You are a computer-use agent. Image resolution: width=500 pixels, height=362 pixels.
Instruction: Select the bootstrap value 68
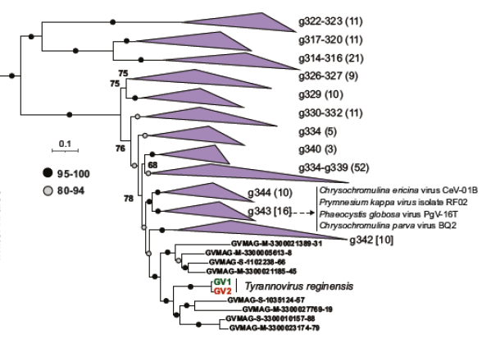tap(152, 166)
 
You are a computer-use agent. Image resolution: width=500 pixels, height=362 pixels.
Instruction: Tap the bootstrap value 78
tap(128, 198)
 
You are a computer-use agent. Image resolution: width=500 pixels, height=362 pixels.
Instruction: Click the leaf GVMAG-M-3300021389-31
tap(277, 244)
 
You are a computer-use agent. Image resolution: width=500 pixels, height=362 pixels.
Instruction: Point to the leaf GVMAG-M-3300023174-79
tap(276, 328)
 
